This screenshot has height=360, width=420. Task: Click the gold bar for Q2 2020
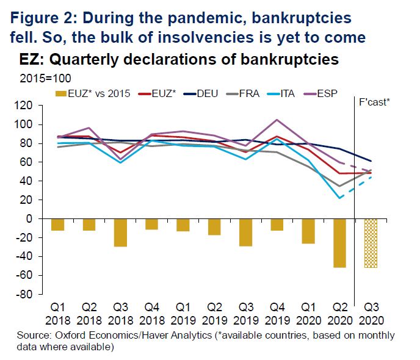pyautogui.click(x=339, y=243)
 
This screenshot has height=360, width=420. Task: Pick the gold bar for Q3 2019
pyautogui.click(x=245, y=232)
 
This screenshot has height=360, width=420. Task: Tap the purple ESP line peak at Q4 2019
pyautogui.click(x=277, y=120)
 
